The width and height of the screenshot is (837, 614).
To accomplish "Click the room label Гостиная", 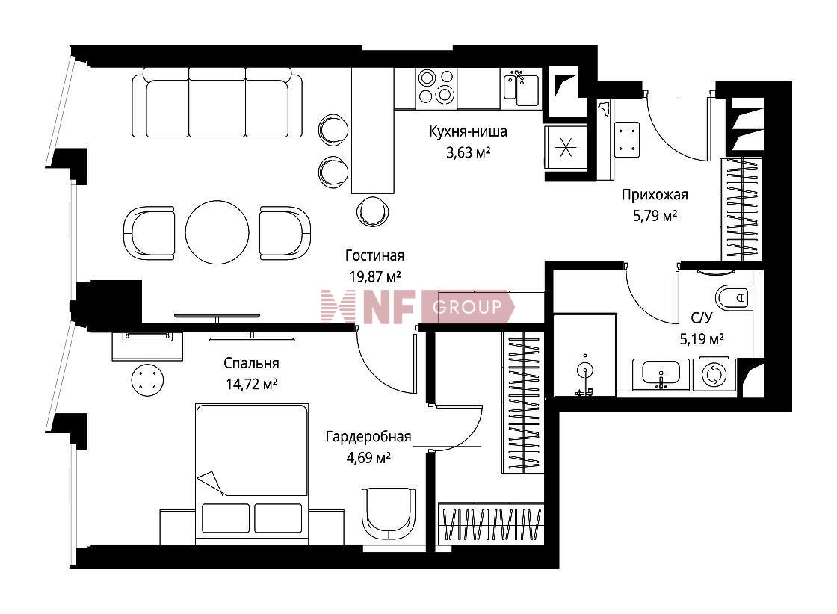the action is [374, 256].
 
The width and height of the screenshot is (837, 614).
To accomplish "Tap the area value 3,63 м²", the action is [468, 153].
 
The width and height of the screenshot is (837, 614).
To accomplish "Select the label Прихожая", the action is [655, 195].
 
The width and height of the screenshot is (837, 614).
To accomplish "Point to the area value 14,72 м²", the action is [251, 384].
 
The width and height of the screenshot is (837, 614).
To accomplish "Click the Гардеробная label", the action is [368, 437].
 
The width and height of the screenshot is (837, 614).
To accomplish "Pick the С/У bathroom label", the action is [702, 318].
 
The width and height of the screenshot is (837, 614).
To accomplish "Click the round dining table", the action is [217, 232].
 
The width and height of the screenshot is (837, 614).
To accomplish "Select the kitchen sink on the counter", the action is [522, 88].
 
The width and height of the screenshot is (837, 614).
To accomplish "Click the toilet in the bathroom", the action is [733, 297].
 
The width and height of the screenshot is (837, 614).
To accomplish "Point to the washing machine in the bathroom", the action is [714, 374].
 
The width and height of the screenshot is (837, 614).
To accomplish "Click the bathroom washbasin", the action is [661, 374].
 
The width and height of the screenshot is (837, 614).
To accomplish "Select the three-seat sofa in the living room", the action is [217, 102].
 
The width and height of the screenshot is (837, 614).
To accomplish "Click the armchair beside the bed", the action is [388, 514].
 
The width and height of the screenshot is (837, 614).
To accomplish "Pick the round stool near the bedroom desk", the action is [147, 379].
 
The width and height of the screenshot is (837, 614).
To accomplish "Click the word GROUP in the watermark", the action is [468, 307].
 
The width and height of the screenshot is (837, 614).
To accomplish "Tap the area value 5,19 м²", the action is [702, 339].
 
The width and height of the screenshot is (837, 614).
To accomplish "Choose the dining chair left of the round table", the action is [149, 233].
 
